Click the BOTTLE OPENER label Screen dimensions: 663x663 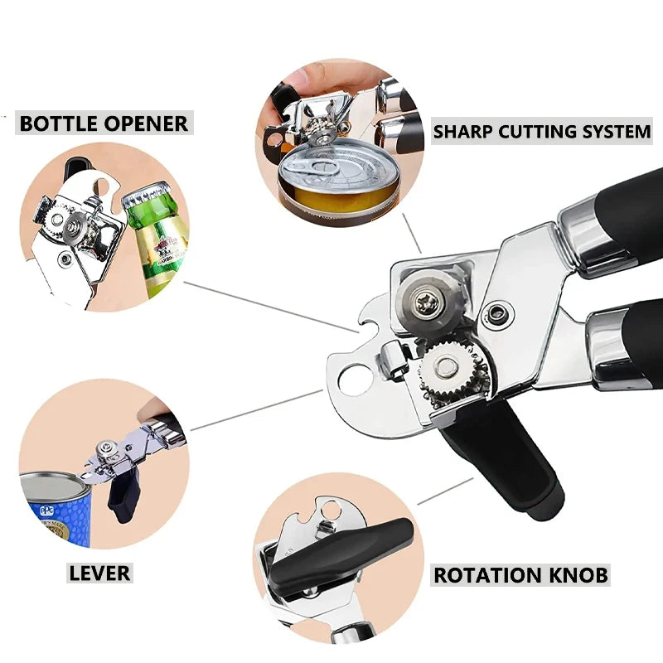pos(104,123)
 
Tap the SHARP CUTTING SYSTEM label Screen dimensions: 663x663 pos(542,131)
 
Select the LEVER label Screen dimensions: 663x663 pos(99,573)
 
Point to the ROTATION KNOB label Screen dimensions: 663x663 pos(521,574)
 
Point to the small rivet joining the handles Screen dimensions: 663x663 pos(499,312)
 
